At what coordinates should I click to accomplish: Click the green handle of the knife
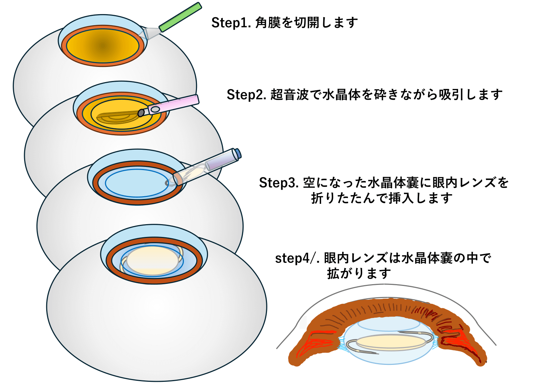[180, 17]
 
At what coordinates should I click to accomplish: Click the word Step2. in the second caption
[246, 94]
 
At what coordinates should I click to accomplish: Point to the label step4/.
[297, 258]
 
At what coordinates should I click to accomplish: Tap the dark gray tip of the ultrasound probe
[141, 113]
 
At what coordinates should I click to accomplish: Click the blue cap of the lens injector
[238, 153]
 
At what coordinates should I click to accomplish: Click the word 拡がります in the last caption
[359, 273]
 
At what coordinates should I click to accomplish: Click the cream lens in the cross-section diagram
[391, 342]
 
